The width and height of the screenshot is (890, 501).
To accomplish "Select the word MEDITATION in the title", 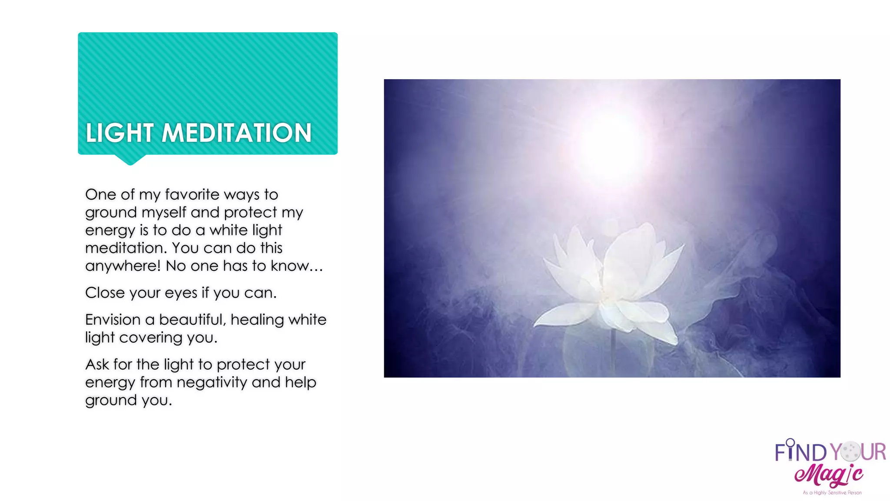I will [x=237, y=133].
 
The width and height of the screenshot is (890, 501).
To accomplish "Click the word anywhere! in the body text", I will [x=123, y=266].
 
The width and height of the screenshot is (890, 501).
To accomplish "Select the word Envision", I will [x=113, y=320].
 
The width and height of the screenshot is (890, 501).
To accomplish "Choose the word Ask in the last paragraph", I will [x=97, y=364].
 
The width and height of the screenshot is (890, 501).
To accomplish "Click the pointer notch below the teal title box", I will [x=130, y=160].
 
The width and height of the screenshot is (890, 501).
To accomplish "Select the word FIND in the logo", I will [x=800, y=452].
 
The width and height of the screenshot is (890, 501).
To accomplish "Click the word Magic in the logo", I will [x=828, y=475].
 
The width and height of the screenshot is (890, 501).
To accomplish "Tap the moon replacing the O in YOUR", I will [x=850, y=451].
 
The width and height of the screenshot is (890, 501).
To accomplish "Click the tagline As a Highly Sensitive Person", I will [x=832, y=493].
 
